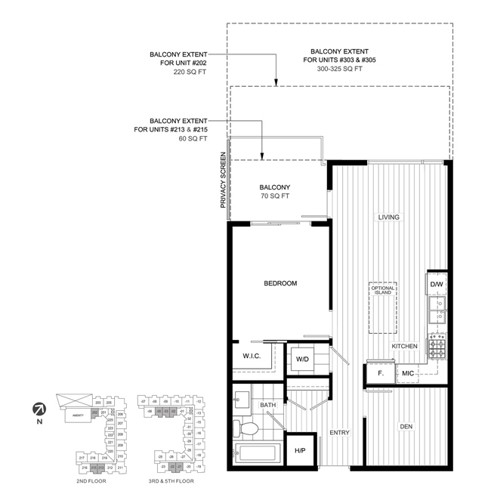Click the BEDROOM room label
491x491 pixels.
point(280,283)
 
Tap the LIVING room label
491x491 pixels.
point(389,218)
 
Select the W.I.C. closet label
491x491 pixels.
point(252,357)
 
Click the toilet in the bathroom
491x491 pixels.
point(247,429)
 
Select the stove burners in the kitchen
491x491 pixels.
point(438,347)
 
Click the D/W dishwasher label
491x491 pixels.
point(437,284)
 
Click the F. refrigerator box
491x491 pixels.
point(381,373)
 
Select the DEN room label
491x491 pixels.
point(407,427)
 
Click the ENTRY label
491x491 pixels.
point(339,433)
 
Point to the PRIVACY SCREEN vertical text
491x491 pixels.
point(223,180)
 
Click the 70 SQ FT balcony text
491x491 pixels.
point(275,197)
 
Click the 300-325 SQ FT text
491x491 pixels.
point(338,69)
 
